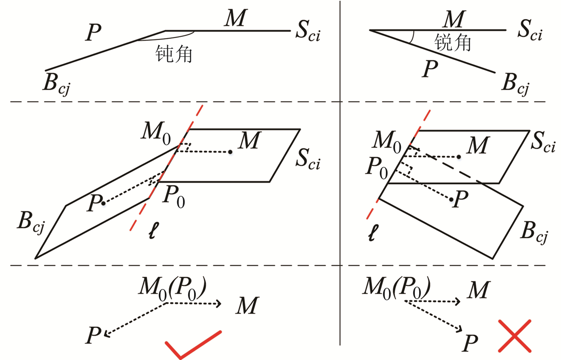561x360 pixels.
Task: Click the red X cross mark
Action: [514, 336]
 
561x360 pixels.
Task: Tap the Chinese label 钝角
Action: [174, 54]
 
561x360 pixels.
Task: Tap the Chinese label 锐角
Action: [452, 42]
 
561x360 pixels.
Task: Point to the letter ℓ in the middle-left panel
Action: [153, 230]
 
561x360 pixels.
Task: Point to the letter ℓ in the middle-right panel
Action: [373, 233]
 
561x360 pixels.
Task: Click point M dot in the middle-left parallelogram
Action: [230, 151]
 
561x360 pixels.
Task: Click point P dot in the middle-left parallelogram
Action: [103, 203]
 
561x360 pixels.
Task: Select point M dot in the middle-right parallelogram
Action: [459, 157]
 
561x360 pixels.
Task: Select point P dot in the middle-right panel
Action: [451, 199]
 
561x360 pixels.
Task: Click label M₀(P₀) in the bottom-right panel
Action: [397, 287]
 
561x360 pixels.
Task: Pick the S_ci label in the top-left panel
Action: [307, 31]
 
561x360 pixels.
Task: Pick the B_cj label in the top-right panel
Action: [515, 84]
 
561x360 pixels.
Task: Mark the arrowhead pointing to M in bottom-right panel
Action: [458, 302]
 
